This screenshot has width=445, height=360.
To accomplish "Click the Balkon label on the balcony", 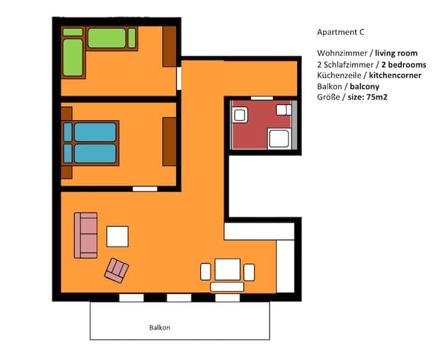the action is point(160,328).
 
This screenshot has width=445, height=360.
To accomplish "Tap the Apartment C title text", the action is point(341,32).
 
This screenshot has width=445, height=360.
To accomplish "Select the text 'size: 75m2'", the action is point(368,97).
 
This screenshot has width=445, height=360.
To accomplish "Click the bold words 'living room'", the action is point(396,53).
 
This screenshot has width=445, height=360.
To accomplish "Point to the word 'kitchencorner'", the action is point(395,75).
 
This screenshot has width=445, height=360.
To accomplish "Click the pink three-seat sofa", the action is point(86,235).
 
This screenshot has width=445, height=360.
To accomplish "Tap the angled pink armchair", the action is point(117,270).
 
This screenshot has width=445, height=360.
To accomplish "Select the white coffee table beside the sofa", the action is point(117,237).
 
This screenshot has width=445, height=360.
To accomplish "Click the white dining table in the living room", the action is point(227,269).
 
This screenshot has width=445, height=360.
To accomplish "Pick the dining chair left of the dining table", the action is point(205,272).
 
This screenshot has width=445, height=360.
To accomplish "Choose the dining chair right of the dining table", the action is point(249,272).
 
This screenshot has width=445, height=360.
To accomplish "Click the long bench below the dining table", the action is point(227,287).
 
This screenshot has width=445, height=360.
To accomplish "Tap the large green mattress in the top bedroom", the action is point(107,38).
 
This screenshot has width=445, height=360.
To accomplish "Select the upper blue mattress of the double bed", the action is point(95,132).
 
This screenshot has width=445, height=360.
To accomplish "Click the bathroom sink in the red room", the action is point(240,115).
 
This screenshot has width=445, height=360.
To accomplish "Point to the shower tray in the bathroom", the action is point(279,138).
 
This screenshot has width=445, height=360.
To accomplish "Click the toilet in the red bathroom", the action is point(284,110).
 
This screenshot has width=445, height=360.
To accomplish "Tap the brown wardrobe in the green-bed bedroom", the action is point(169,47).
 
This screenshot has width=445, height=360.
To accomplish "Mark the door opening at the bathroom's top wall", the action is point(261,98).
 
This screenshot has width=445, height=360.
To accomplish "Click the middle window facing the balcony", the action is point(179,298).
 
